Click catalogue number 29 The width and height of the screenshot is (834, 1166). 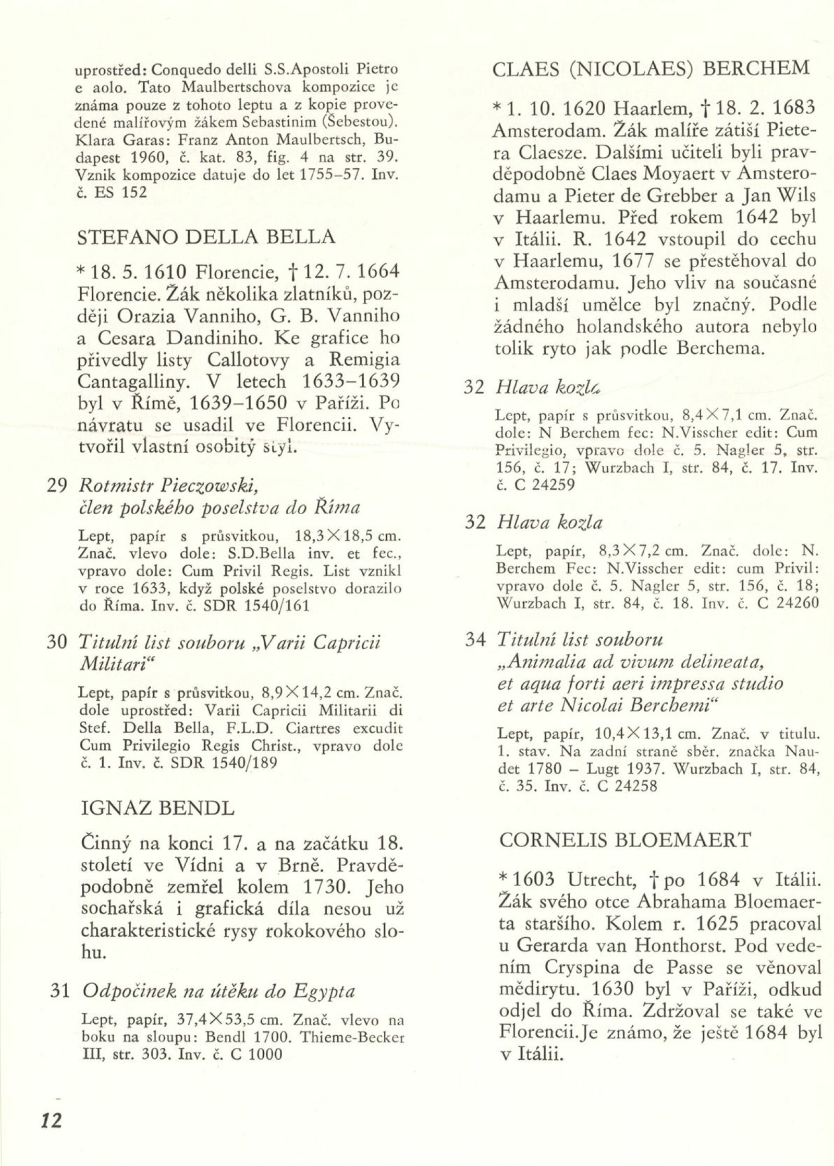(x=57, y=486)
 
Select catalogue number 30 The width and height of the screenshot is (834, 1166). (x=57, y=642)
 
